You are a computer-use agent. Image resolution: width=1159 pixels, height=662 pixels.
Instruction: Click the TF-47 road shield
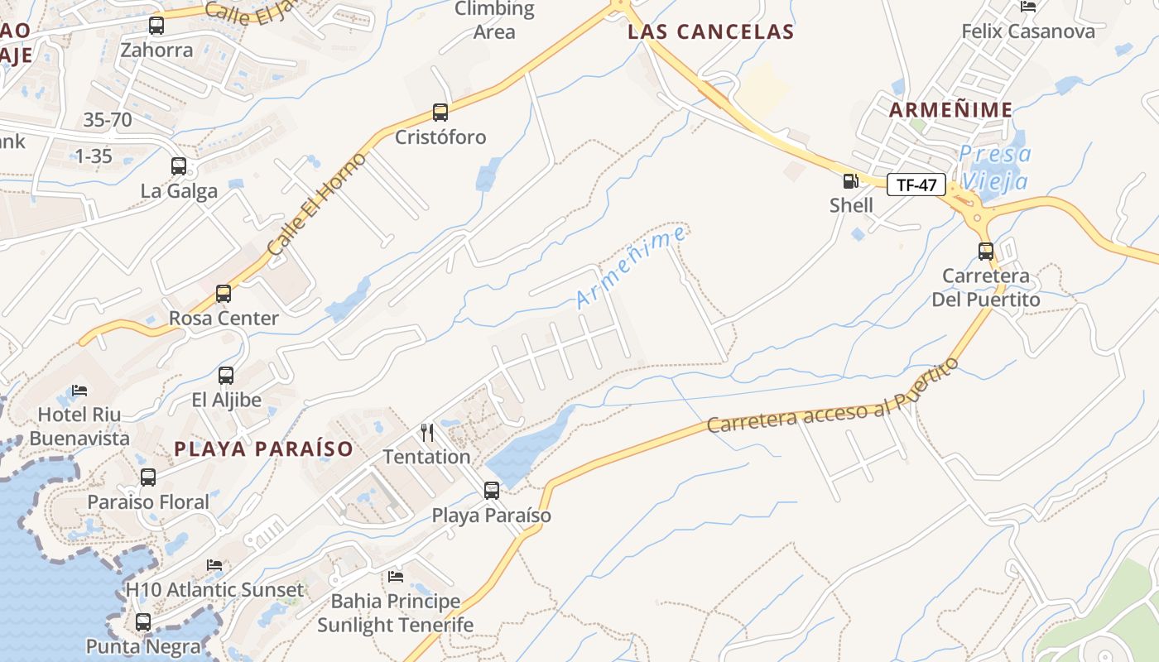pyautogui.click(x=916, y=185)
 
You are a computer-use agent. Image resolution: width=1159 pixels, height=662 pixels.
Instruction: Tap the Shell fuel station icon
pyautogui.click(x=850, y=181)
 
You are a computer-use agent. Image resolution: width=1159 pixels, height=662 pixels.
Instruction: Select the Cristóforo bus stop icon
pyautogui.click(x=440, y=113)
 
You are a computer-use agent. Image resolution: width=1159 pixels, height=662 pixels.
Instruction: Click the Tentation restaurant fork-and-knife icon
pyautogui.click(x=427, y=432)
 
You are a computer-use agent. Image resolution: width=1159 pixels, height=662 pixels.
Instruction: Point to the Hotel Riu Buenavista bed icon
pyautogui.click(x=79, y=390)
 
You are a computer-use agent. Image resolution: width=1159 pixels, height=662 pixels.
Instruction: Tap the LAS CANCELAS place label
pyautogui.click(x=710, y=32)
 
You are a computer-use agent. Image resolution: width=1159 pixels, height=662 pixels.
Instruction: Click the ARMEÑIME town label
pyautogui.click(x=950, y=109)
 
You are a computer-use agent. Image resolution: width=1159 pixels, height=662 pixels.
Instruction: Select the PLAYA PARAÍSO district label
pyautogui.click(x=264, y=449)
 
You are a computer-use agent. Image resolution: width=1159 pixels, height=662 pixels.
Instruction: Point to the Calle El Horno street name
pyautogui.click(x=317, y=204)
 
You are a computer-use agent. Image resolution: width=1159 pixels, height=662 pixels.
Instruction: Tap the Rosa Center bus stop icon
pyautogui.click(x=224, y=294)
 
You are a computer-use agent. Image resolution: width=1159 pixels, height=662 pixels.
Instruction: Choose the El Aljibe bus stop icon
pyautogui.click(x=226, y=376)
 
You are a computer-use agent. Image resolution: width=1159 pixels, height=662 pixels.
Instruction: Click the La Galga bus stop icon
pyautogui.click(x=179, y=166)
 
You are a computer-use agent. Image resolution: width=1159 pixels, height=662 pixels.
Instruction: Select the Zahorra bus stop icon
pyautogui.click(x=156, y=26)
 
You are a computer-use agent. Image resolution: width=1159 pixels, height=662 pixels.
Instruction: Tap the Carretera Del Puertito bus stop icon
pyautogui.click(x=986, y=252)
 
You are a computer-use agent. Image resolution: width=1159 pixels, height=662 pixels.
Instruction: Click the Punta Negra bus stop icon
pyautogui.click(x=143, y=622)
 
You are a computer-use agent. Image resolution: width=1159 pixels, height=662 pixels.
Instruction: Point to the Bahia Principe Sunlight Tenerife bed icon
pyautogui.click(x=396, y=576)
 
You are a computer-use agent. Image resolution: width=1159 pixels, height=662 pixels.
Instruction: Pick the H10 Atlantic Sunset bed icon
pyautogui.click(x=214, y=565)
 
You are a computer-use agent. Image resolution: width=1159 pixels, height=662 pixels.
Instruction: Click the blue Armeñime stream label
pyautogui.click(x=631, y=267)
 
